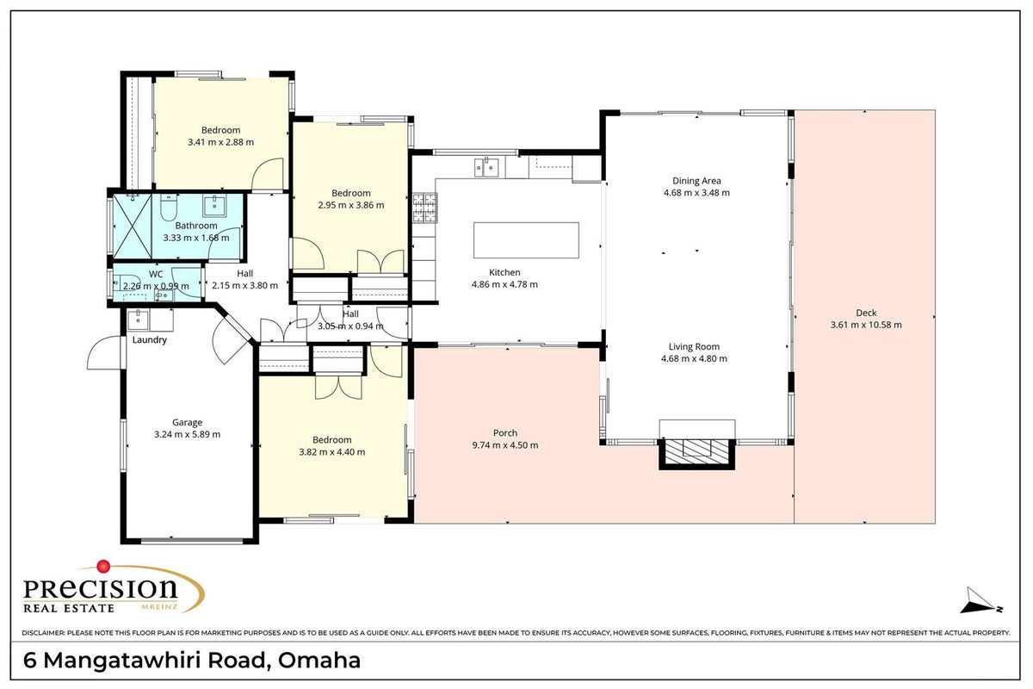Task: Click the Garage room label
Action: click(187, 422)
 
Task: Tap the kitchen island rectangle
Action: click(526, 240)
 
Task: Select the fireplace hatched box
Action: click(696, 454)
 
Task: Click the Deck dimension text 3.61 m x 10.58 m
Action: click(866, 325)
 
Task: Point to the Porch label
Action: click(505, 433)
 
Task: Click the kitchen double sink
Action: click(486, 167)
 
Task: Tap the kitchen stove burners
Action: click(424, 208)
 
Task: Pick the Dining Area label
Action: click(696, 181)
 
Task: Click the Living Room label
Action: click(694, 346)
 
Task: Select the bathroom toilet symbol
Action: click(169, 208)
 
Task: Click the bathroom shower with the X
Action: click(133, 227)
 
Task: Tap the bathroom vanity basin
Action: click(215, 205)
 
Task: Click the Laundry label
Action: click(150, 340)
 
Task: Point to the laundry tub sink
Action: click(138, 320)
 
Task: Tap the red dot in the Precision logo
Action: click(103, 566)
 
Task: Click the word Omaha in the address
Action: click(319, 661)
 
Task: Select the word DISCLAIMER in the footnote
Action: click(43, 633)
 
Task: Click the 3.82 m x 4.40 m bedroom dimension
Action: click(332, 452)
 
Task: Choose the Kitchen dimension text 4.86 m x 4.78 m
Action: click(504, 285)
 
